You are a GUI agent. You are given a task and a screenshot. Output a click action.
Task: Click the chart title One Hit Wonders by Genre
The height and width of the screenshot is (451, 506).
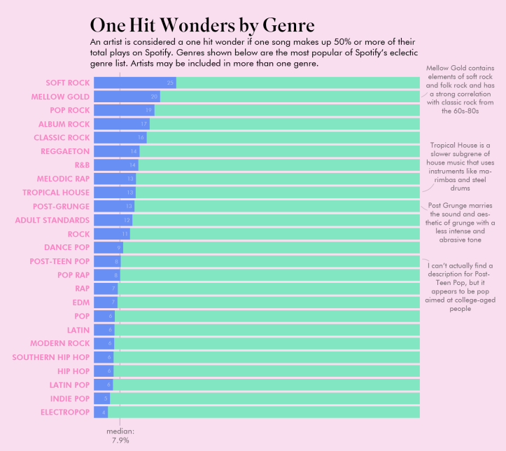(x=202, y=25)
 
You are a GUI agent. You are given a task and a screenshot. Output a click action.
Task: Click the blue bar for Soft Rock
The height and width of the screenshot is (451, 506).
(x=134, y=83)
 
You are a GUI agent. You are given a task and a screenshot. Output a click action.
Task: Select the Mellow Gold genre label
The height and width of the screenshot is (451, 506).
(x=60, y=97)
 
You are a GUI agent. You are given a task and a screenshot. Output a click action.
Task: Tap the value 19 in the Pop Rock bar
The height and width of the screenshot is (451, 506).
(x=148, y=110)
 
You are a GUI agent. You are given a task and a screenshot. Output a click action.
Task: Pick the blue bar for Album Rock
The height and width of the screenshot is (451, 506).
(x=120, y=124)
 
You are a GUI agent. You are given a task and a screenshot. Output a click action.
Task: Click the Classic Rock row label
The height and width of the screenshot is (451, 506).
(x=62, y=137)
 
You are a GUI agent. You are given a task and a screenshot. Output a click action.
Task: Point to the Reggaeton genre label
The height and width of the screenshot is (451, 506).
(x=65, y=151)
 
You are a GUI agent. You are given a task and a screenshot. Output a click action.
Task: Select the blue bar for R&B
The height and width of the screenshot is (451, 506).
(x=115, y=165)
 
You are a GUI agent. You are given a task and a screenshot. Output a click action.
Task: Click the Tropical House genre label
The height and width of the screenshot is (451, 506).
(x=56, y=192)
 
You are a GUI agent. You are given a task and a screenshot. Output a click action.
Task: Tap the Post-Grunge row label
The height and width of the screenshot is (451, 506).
(x=61, y=206)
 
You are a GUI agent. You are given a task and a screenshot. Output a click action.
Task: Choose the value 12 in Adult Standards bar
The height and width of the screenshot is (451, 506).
(x=127, y=220)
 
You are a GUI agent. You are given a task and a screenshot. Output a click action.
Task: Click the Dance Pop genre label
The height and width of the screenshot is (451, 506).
(x=66, y=247)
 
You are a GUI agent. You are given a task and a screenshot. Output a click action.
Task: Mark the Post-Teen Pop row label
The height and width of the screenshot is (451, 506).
(x=59, y=261)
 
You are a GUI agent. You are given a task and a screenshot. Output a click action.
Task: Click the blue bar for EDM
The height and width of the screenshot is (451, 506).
(x=105, y=302)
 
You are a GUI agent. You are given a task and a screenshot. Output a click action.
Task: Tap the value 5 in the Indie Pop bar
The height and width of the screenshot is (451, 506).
(x=106, y=398)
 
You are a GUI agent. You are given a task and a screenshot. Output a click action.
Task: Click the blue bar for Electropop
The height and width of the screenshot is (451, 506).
(x=100, y=412)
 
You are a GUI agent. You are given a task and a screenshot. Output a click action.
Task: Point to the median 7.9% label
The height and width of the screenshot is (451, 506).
(x=120, y=436)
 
